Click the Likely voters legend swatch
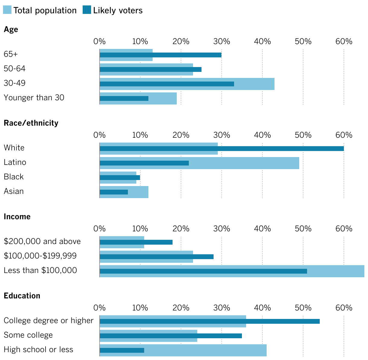pos(87,10)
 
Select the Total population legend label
pos(45,10)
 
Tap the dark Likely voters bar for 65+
pos(160,55)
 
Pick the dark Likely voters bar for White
pos(222,149)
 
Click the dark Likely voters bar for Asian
pos(114,192)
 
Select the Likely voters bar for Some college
pos(171,336)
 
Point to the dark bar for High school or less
pos(122,350)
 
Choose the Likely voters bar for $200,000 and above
pos(136,242)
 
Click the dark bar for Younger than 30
pos(124,98)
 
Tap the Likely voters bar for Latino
pos(144,163)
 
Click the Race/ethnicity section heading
pos(31,123)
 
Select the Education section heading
pos(22,296)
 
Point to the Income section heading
pos(17,217)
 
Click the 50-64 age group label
pos(14,69)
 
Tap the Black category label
pos(14,177)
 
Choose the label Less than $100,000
pos(40,270)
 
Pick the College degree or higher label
pos(49,320)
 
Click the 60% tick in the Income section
pos(344,229)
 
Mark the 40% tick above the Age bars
pos(262,41)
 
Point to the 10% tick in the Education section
pos(140,308)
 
